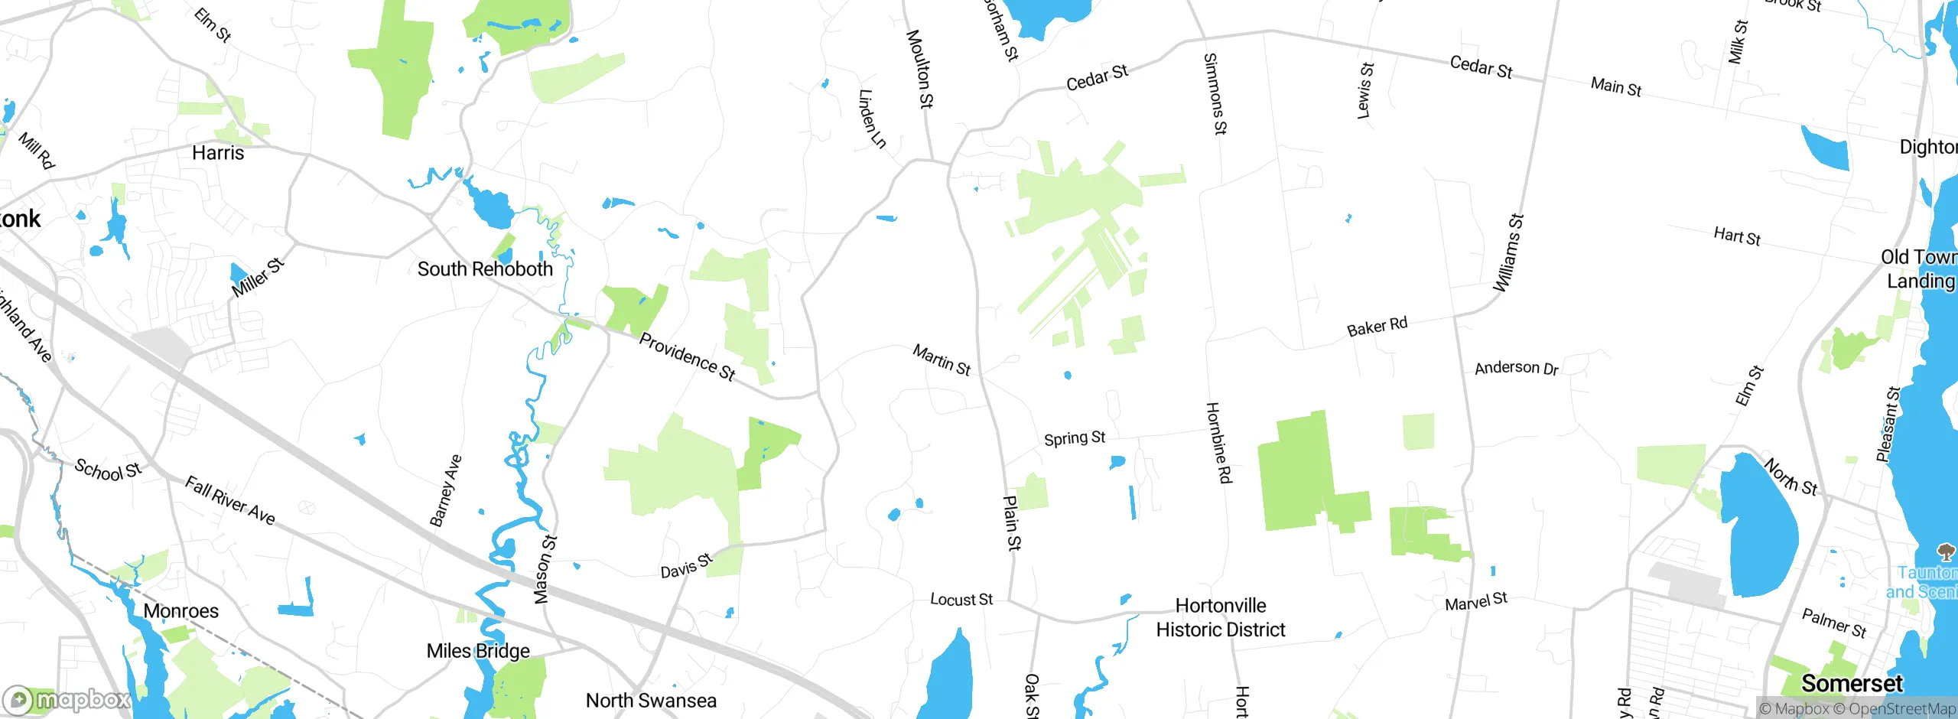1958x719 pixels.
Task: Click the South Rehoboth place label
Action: click(485, 269)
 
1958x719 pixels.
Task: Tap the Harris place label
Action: click(218, 153)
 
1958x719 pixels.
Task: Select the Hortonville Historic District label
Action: click(1221, 618)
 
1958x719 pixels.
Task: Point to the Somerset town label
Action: click(1852, 683)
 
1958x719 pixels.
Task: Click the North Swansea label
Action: click(651, 701)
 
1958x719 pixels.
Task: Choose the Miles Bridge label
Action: click(478, 651)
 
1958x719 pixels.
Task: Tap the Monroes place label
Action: click(181, 611)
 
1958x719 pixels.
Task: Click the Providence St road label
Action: click(687, 356)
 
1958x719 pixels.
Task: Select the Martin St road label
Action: click(942, 359)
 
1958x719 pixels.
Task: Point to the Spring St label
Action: click(1075, 438)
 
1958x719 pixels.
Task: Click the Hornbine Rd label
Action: click(1218, 443)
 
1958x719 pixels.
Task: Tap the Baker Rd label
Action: click(1377, 327)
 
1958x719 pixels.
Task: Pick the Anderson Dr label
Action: click(1516, 368)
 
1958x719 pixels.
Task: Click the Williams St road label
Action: click(1509, 253)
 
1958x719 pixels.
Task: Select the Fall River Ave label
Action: click(230, 500)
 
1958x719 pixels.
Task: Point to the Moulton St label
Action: click(919, 69)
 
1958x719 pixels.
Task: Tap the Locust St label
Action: click(961, 600)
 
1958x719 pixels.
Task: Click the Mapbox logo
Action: click(67, 699)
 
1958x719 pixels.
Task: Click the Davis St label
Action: click(686, 566)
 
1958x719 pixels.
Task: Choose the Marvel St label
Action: click(1476, 602)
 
